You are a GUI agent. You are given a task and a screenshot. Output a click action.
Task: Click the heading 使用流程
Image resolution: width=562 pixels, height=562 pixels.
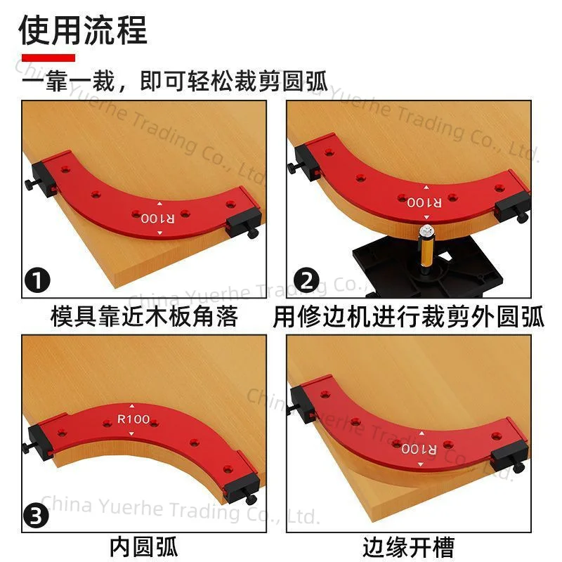(x=83, y=30)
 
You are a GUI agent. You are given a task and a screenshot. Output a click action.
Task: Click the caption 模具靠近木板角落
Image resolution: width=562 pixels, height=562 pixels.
(x=145, y=317)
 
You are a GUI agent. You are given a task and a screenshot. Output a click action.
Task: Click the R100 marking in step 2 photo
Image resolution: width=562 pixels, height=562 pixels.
(x=424, y=202)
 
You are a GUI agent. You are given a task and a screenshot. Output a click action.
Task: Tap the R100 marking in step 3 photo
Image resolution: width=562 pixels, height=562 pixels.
(x=133, y=419)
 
